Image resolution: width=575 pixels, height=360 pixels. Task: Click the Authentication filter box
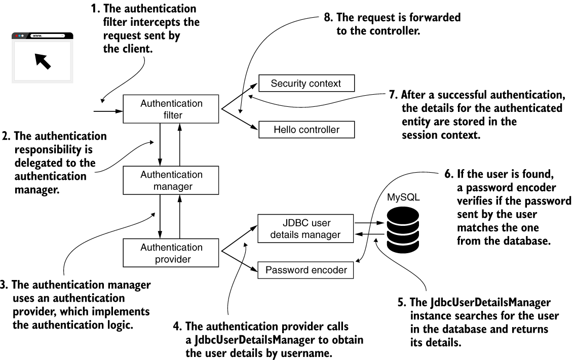pos(171,109)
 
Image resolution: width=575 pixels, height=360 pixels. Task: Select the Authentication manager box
pos(171,181)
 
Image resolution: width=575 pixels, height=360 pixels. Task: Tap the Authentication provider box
pos(171,253)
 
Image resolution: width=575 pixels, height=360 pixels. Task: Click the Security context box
pos(305,84)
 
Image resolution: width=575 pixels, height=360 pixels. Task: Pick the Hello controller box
pos(306,130)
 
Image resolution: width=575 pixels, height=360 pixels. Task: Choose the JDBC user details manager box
pos(305,228)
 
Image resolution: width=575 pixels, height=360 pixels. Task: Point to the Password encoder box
pos(306,270)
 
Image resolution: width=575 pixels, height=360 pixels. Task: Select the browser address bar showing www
pos(47,36)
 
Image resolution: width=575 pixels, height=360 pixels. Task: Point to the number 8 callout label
pos(327,18)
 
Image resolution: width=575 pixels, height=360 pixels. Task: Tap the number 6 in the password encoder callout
pos(447,174)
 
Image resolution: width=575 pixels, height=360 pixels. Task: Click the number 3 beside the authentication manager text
pos(3,285)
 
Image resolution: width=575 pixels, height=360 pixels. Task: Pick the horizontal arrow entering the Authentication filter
pos(108,109)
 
